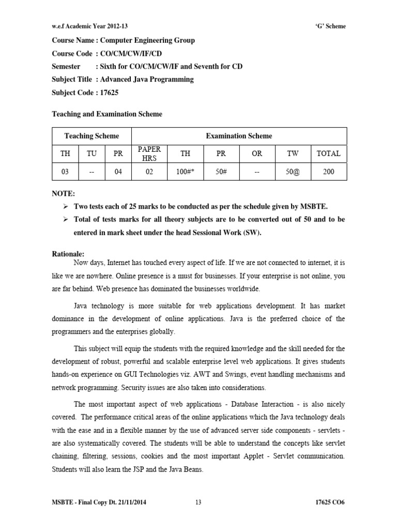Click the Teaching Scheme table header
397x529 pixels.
coord(91,136)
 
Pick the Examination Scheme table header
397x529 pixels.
coord(239,136)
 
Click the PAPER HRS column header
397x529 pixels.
coord(149,153)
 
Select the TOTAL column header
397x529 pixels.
coord(328,153)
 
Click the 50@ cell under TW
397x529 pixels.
coord(292,172)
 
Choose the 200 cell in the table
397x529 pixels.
coord(328,172)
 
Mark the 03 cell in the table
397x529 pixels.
coord(65,172)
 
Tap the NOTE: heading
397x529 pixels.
coord(64,194)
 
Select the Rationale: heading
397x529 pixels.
coord(68,254)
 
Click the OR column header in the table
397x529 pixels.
coord(257,153)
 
